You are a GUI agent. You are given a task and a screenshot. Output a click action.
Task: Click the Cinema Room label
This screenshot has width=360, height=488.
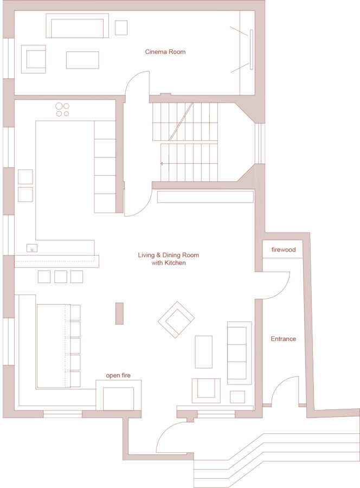point(165,52)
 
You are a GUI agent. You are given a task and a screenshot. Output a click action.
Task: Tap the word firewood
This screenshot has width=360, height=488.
point(284,249)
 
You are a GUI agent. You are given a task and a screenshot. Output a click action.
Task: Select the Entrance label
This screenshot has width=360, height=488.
point(283,339)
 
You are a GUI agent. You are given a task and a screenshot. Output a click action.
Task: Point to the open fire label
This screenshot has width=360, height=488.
point(118,375)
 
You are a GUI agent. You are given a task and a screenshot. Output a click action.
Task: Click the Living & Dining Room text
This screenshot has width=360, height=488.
point(168,255)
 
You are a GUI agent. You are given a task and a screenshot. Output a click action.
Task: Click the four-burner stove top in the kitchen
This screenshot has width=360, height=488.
point(62,110)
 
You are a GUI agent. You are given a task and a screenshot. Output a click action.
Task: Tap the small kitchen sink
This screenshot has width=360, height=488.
point(32,248)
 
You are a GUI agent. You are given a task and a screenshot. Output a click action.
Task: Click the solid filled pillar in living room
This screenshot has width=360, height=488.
point(119,313)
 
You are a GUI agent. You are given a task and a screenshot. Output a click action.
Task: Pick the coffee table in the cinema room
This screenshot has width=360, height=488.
point(82,60)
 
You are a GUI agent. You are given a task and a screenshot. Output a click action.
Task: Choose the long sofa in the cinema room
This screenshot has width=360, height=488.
point(77,25)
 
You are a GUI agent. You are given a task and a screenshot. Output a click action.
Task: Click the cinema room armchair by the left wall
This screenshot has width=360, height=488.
point(33,59)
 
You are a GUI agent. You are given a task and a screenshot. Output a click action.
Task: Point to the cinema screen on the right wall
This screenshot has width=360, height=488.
point(252,49)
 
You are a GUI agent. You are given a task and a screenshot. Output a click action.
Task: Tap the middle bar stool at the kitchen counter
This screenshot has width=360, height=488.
point(61,277)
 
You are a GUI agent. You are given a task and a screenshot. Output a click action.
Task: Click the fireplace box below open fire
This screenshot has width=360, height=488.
point(118,399)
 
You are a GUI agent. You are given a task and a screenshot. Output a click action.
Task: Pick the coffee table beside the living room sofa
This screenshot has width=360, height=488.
point(203,352)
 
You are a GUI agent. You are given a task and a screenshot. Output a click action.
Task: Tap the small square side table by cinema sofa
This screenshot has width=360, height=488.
point(121,28)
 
